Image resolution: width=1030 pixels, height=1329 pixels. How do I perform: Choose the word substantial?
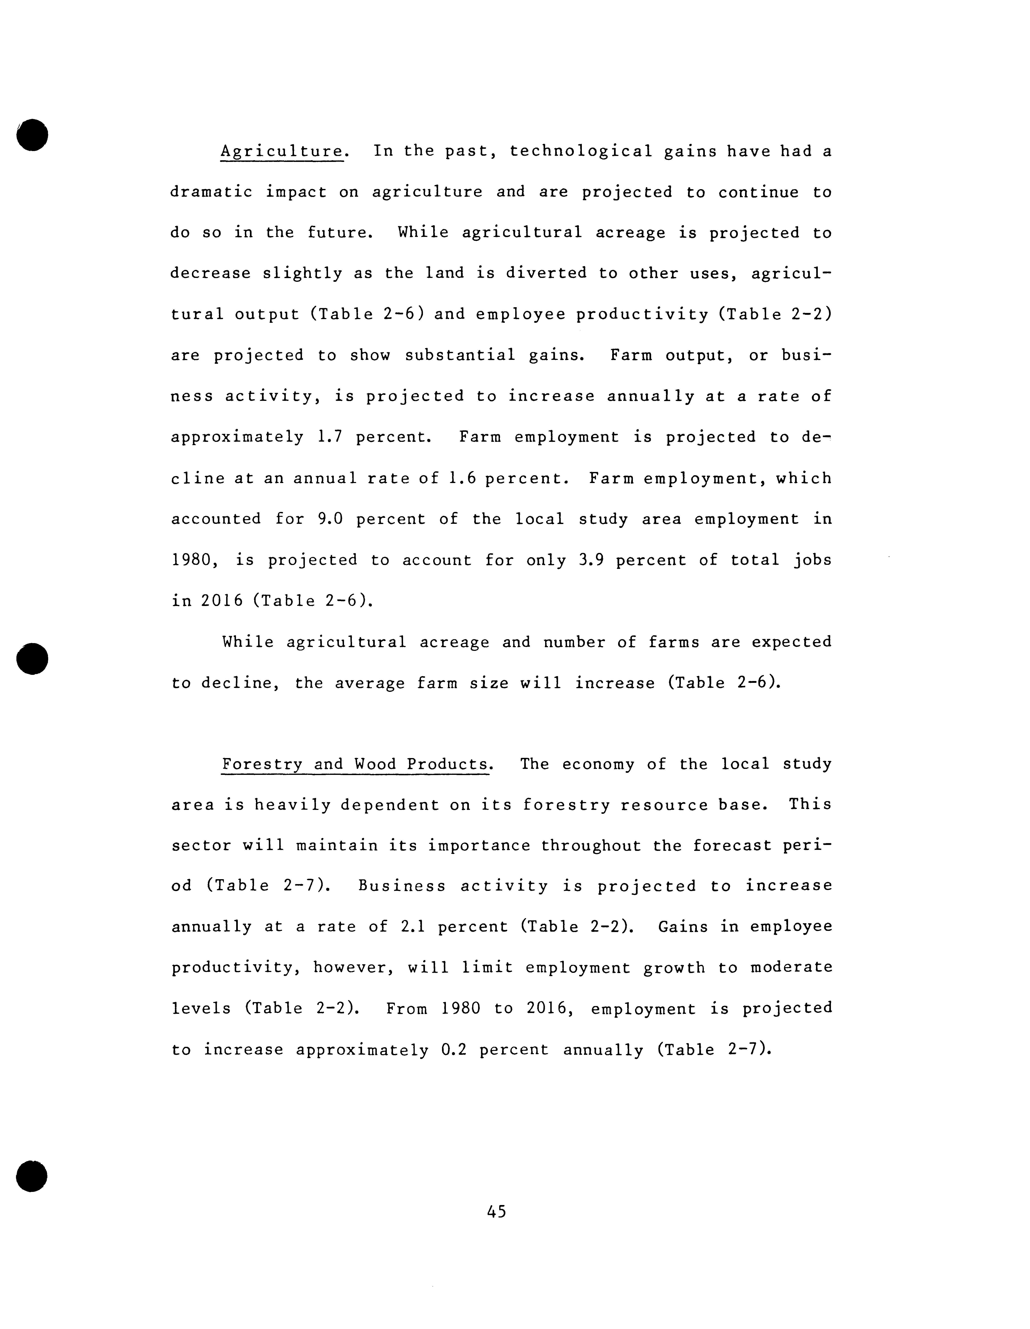coord(460,355)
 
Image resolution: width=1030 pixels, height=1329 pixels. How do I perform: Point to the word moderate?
coord(791,967)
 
